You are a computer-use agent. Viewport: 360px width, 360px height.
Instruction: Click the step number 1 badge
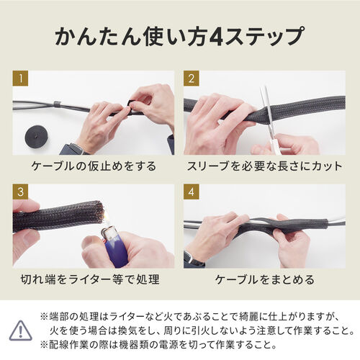pyautogui.click(x=21, y=78)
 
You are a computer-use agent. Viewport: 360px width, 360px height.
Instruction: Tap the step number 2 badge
pyautogui.click(x=192, y=78)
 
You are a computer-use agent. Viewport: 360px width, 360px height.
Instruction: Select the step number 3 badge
pyautogui.click(x=21, y=192)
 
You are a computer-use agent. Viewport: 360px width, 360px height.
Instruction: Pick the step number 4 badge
pyautogui.click(x=192, y=192)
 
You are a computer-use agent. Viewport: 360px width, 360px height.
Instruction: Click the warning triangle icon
pyautogui.click(x=22, y=330)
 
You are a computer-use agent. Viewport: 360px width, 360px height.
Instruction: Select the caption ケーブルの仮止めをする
pyautogui.click(x=94, y=166)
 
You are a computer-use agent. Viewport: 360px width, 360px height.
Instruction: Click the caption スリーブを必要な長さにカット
pyautogui.click(x=265, y=166)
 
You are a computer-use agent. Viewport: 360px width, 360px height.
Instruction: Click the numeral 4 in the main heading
pyautogui.click(x=214, y=35)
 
